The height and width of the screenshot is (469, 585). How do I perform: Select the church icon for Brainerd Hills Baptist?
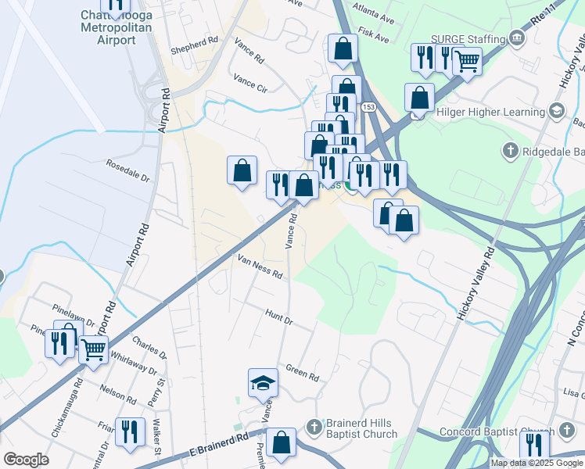pos(314,427)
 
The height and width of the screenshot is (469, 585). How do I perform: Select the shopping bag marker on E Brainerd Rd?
pos(281,443)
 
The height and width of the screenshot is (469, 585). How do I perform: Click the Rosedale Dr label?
pos(127,167)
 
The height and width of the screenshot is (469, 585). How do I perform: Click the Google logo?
pos(26,460)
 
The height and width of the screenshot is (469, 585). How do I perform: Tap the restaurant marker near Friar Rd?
pos(130,431)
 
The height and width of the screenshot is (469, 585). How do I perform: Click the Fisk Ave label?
pos(374,37)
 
